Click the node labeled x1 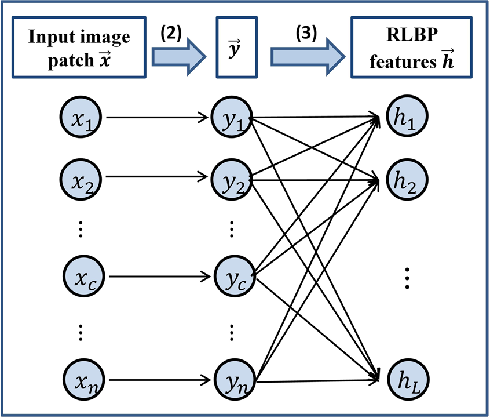click(81, 119)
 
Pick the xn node click(81, 381)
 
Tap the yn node click(232, 381)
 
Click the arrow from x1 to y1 click(156, 119)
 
